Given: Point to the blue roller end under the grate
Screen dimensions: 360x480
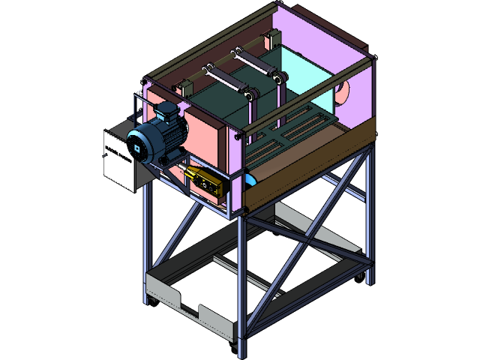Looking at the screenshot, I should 250,179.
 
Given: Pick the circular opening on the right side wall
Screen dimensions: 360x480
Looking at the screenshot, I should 343,94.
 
